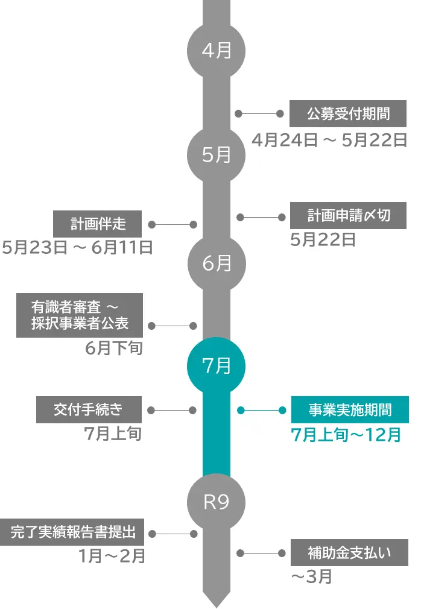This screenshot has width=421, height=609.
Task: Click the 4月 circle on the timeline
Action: pyautogui.click(x=217, y=51)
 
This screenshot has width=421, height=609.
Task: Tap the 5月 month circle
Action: pyautogui.click(x=217, y=156)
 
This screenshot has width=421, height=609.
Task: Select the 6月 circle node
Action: pyautogui.click(x=217, y=263)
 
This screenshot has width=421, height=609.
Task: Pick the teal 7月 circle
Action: pyautogui.click(x=217, y=365)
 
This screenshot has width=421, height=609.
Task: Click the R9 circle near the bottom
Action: pyautogui.click(x=217, y=502)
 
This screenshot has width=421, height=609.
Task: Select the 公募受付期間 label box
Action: pyautogui.click(x=347, y=113)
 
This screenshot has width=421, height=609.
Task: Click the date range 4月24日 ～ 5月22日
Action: pyautogui.click(x=329, y=140)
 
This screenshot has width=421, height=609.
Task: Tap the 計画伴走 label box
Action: pyautogui.click(x=98, y=224)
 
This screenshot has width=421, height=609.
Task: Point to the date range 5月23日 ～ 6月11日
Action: pyautogui.click(x=77, y=248)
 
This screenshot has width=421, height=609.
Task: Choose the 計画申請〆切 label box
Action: pyautogui.click(x=348, y=216)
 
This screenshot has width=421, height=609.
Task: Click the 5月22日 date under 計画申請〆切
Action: pyautogui.click(x=323, y=240)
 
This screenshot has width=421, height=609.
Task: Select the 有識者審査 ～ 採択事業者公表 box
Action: pyautogui.click(x=80, y=315)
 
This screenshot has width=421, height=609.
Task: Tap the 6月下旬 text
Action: pyautogui.click(x=113, y=348)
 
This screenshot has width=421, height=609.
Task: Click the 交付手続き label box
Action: pyautogui.click(x=89, y=410)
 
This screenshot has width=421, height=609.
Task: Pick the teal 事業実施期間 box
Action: pyautogui.click(x=350, y=410)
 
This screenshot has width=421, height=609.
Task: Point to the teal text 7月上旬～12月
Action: pyautogui.click(x=346, y=434)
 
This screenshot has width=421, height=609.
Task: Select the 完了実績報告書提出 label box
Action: pyautogui.click(x=71, y=532)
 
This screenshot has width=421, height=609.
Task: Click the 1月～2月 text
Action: pyautogui.click(x=112, y=556)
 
